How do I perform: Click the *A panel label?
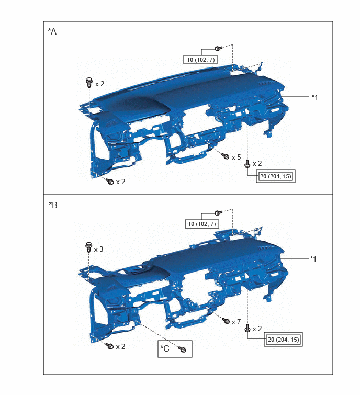tap(52, 31)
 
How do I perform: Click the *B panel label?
tap(53, 205)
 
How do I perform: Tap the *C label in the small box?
tap(165, 348)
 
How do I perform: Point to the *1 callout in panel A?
tap(314, 97)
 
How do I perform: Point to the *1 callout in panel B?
tap(313, 259)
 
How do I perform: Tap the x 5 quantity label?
tap(236, 157)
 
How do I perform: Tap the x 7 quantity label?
tap(236, 322)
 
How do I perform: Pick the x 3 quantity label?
tap(98, 249)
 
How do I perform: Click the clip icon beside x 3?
tap(88, 247)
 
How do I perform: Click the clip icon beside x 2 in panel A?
tap(89, 82)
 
